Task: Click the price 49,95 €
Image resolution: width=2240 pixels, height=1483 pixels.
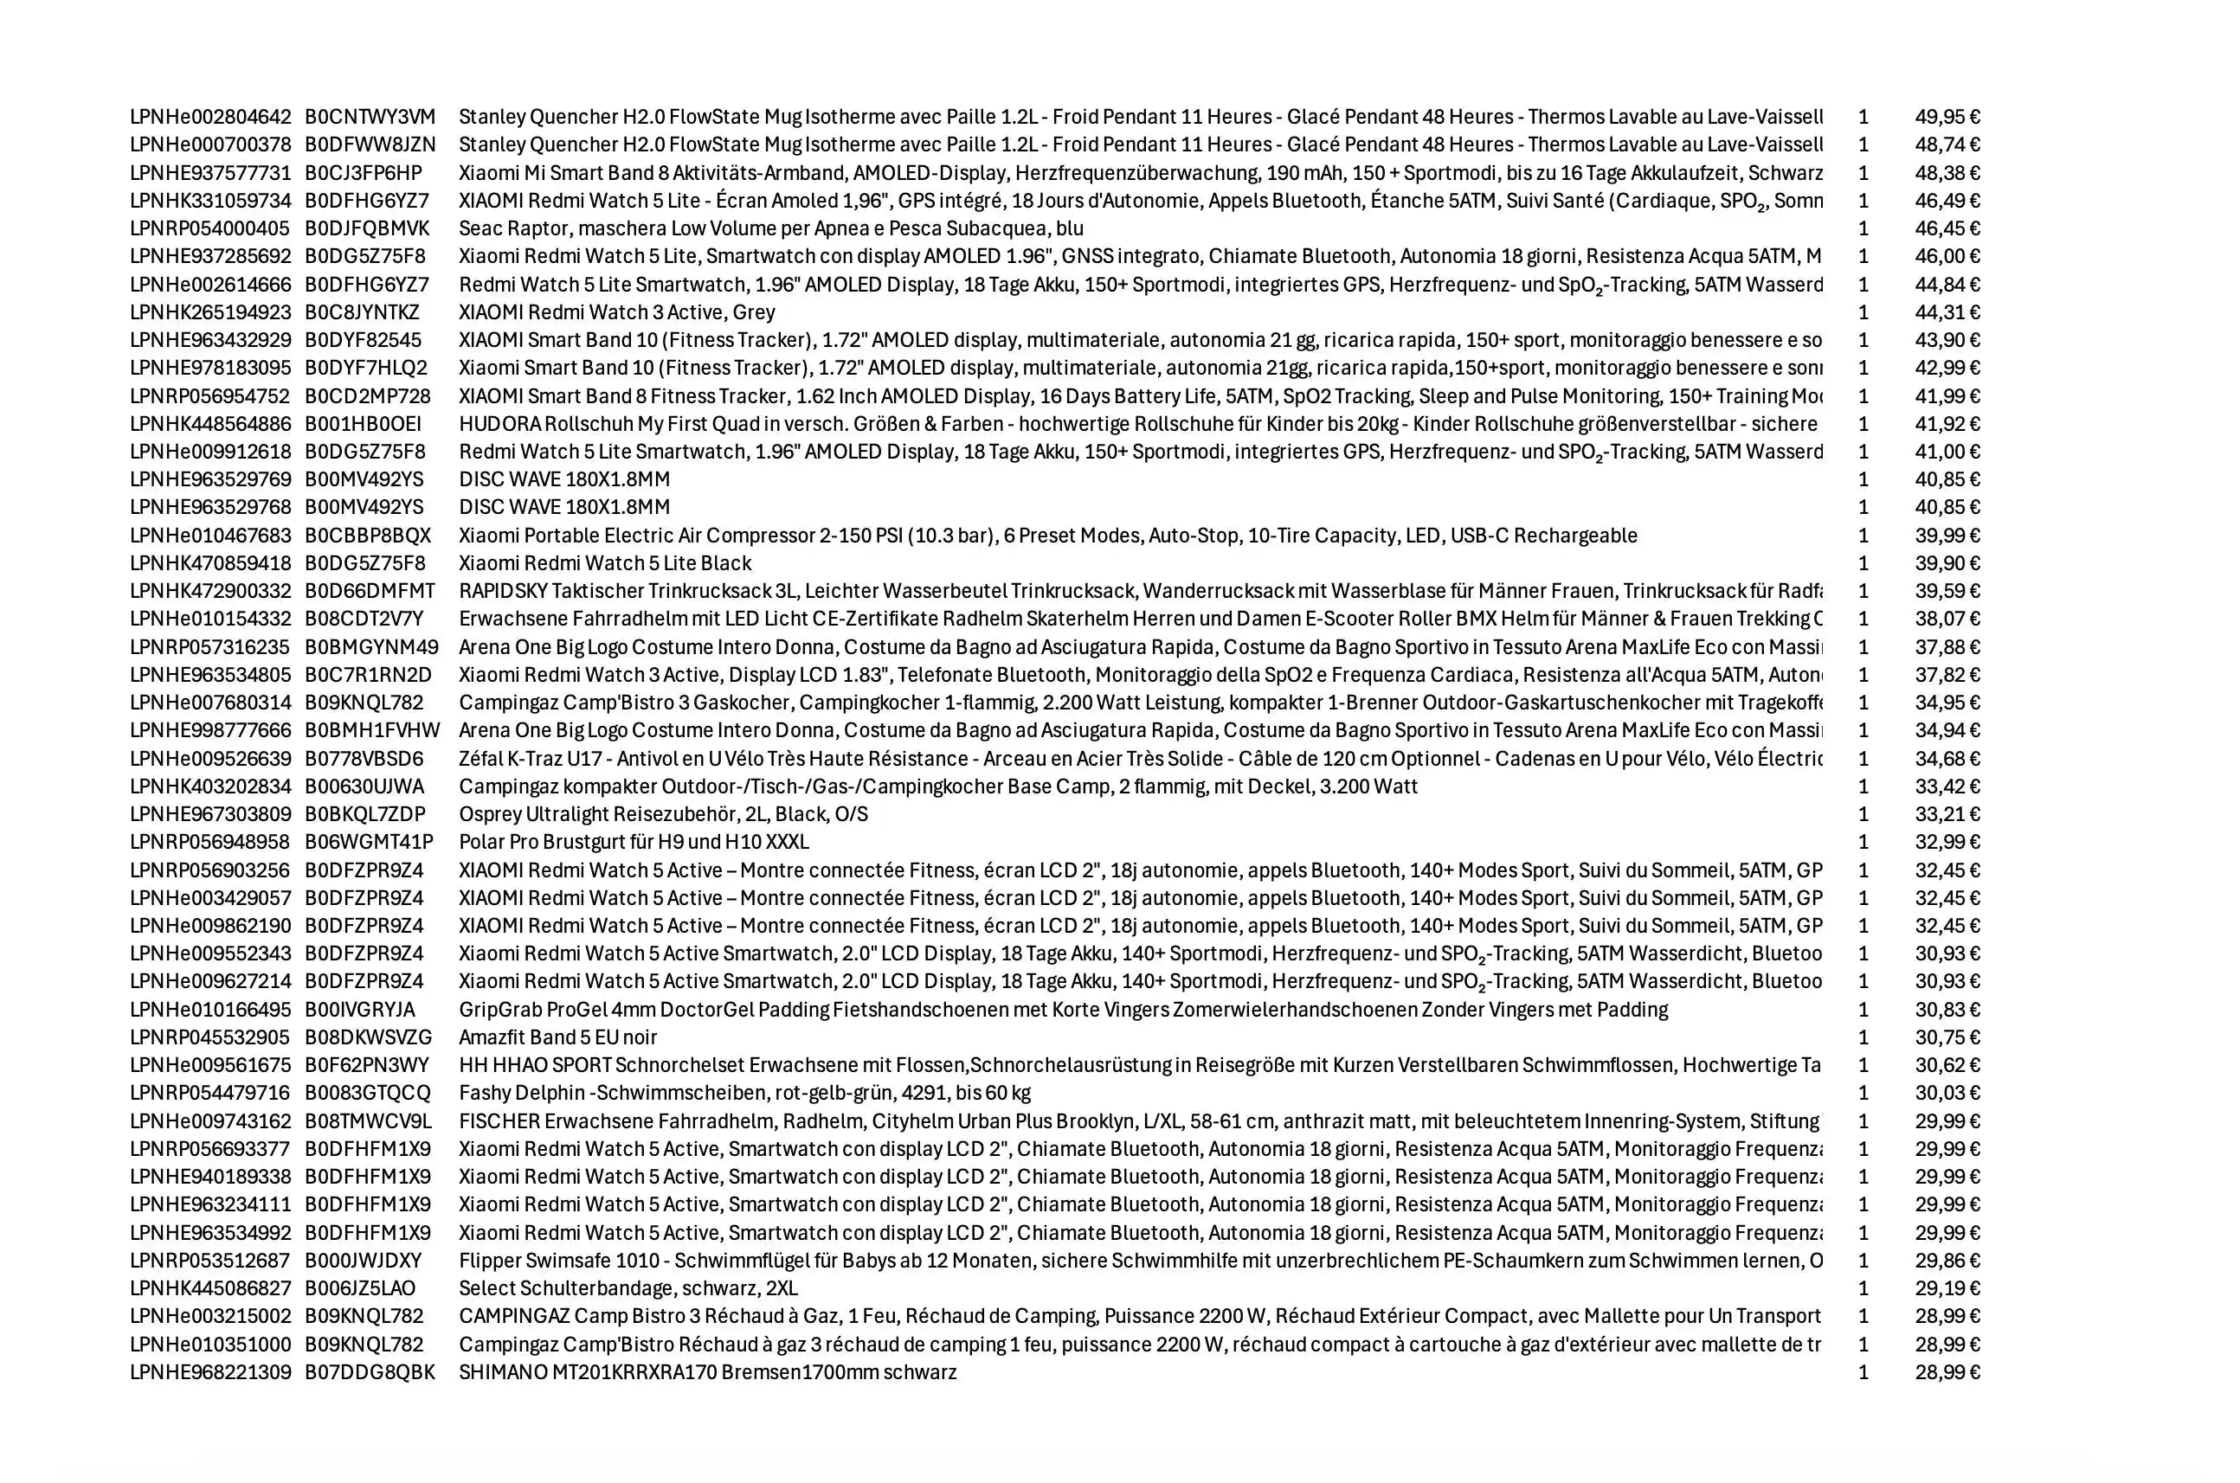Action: tap(1947, 118)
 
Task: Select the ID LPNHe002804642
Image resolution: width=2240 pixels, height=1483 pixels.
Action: tap(210, 118)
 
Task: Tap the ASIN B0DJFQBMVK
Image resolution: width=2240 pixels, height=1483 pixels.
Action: tap(366, 229)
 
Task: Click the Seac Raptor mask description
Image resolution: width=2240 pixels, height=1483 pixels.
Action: tap(770, 229)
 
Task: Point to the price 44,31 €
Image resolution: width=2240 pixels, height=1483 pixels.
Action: tap(1947, 312)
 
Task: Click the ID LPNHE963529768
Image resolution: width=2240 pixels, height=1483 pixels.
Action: tap(210, 507)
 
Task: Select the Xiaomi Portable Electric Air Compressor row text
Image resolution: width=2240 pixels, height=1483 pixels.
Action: tap(1047, 536)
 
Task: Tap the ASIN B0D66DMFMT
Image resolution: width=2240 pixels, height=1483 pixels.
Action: tap(369, 591)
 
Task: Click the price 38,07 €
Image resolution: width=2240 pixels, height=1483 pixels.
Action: tap(1947, 619)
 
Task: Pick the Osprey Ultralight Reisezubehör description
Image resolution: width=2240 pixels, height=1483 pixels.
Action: tap(662, 814)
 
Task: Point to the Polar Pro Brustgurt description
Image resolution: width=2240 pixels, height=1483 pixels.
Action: tap(633, 842)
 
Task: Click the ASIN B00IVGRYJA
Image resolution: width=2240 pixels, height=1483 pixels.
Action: tap(359, 1009)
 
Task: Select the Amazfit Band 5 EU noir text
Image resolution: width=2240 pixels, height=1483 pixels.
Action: tap(557, 1037)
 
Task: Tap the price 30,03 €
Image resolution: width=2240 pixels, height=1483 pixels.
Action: tap(1947, 1094)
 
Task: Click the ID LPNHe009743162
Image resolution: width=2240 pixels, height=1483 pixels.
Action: tap(210, 1121)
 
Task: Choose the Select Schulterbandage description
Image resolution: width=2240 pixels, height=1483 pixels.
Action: tap(628, 1288)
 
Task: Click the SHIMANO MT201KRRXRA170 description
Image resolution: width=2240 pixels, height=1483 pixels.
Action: tap(706, 1372)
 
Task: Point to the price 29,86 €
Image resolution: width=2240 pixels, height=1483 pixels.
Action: tap(1947, 1261)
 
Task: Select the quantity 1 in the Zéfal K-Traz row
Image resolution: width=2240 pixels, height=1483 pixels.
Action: tap(1863, 759)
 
